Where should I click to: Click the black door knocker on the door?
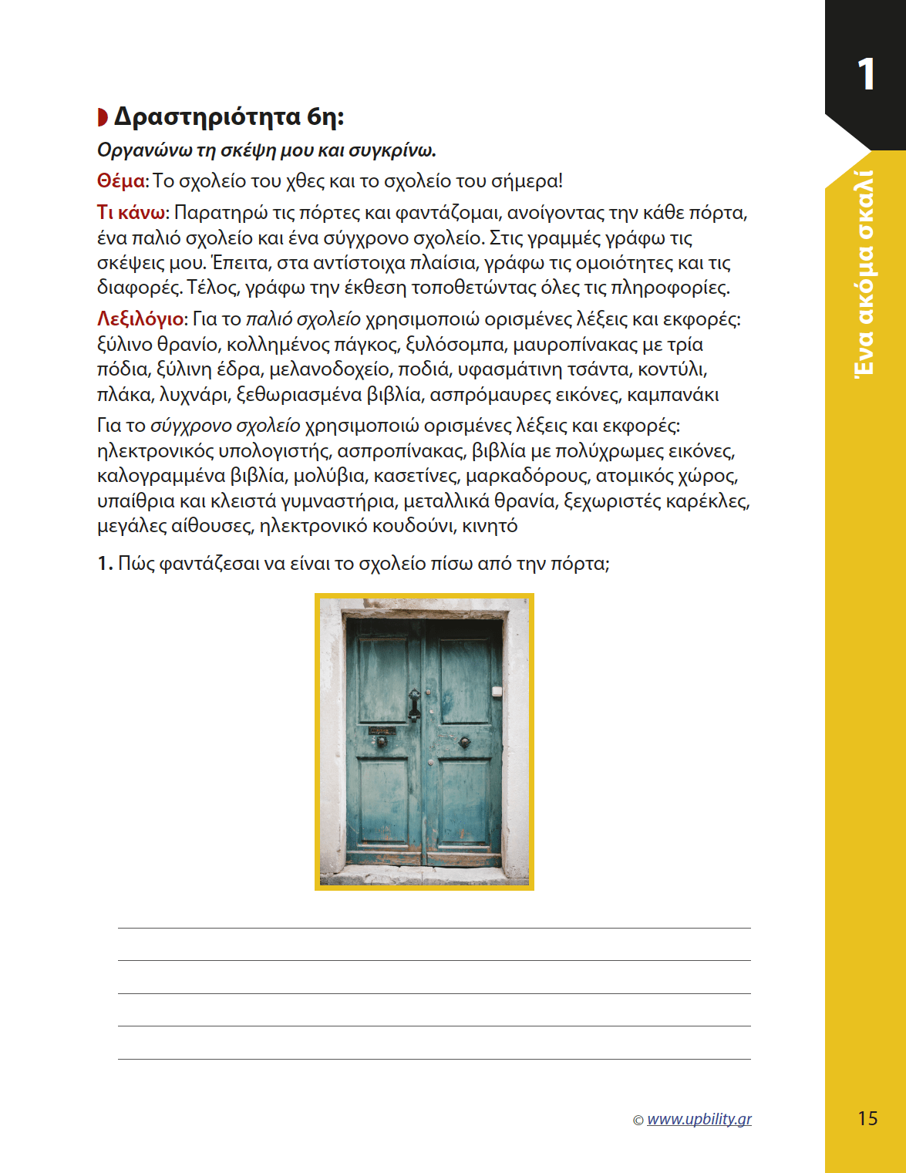tap(414, 703)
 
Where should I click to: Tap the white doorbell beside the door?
tap(497, 692)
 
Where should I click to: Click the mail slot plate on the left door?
tap(381, 730)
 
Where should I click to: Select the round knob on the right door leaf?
tap(464, 742)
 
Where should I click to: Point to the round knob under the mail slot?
tap(381, 742)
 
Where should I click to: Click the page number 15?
tap(867, 1118)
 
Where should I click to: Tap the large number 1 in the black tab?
tap(866, 75)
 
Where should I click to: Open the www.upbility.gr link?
tap(699, 1119)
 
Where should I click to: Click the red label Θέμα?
tap(120, 181)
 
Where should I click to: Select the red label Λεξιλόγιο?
tap(140, 319)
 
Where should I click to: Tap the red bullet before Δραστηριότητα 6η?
tap(103, 117)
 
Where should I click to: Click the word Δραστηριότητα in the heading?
tap(207, 116)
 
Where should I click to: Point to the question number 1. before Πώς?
tap(105, 564)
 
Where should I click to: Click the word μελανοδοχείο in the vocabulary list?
tap(329, 369)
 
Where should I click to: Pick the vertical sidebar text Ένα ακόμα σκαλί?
tap(865, 274)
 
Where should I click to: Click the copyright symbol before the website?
tap(638, 1121)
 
